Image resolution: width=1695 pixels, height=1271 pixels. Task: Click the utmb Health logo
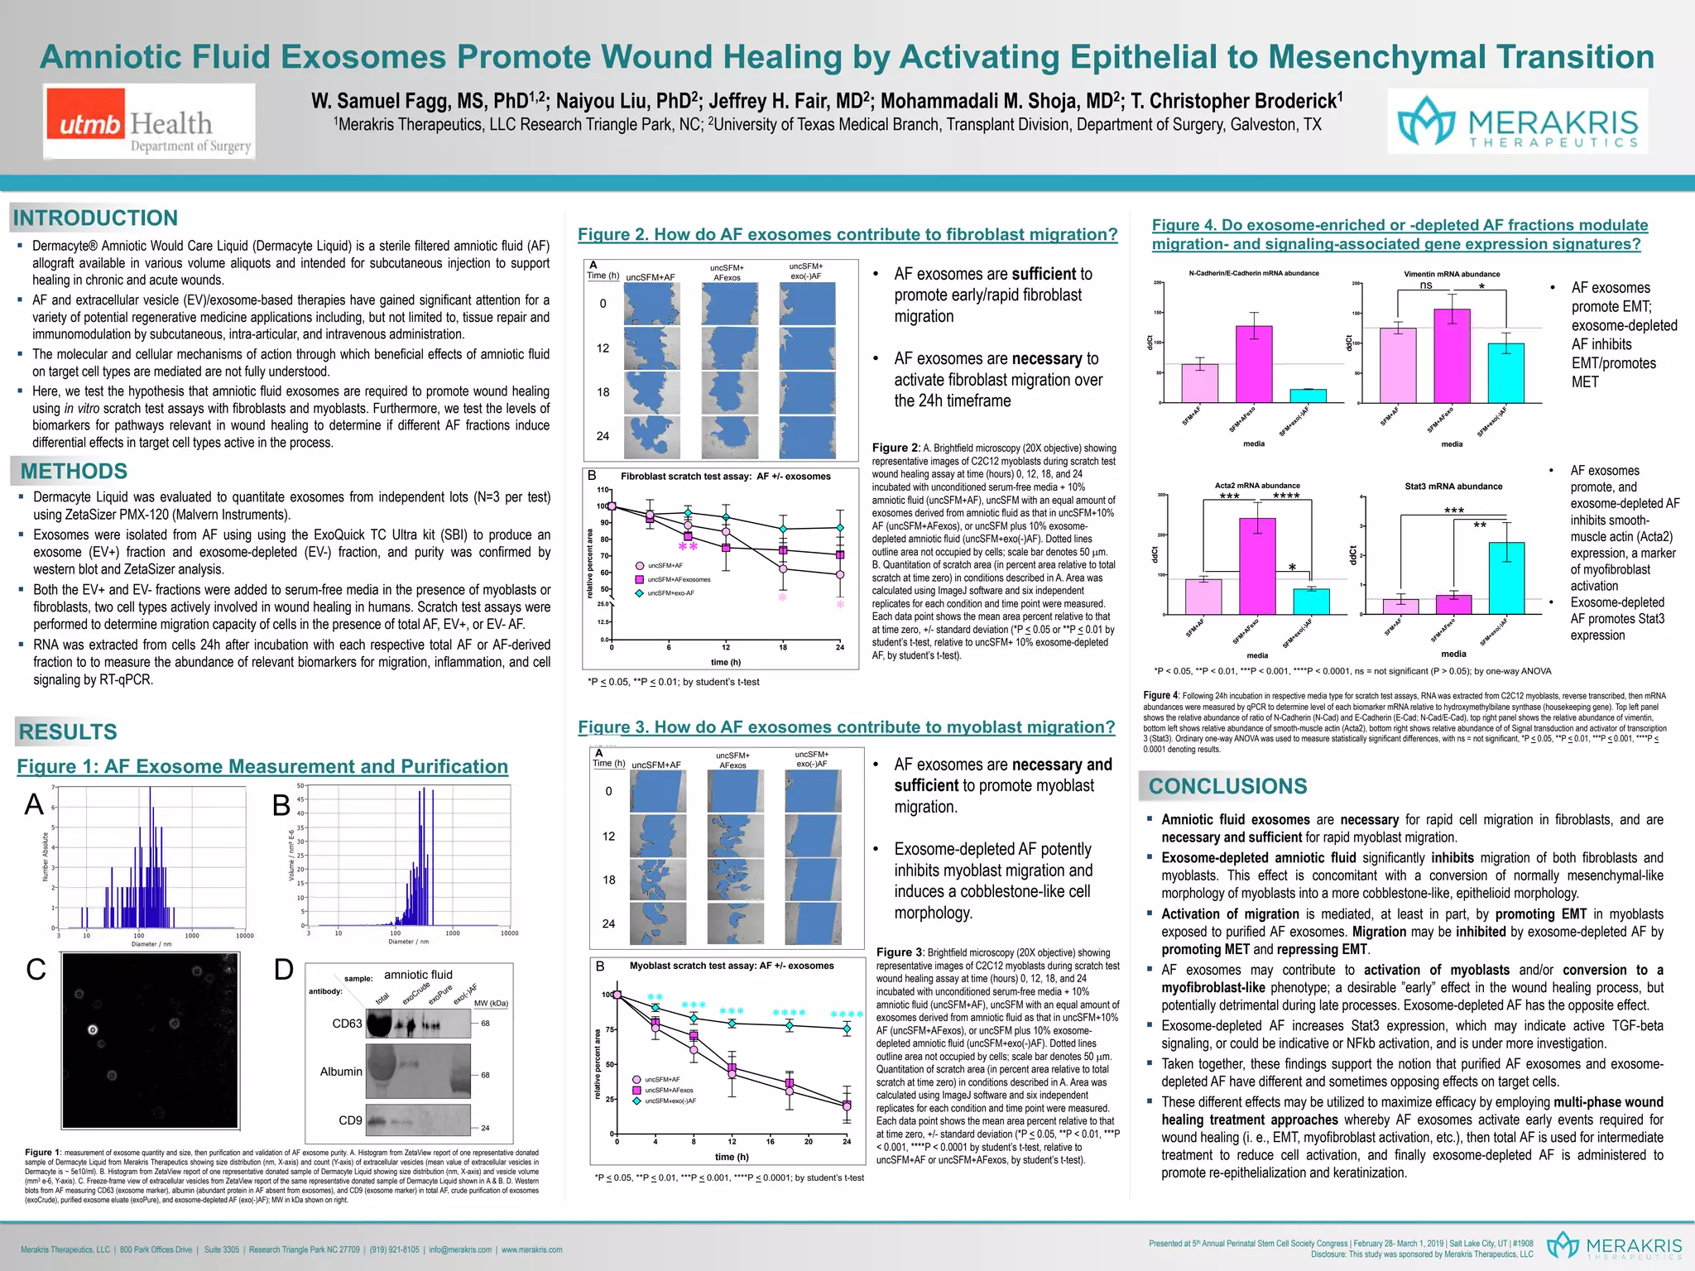149,122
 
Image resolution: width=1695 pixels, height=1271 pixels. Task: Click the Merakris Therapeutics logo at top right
1517,122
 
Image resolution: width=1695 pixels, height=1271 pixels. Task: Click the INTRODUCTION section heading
95,218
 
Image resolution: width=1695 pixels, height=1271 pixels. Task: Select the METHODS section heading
74,471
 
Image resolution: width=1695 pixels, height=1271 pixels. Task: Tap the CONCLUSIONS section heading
1227,786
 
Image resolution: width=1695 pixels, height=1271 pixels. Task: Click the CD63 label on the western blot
347,1024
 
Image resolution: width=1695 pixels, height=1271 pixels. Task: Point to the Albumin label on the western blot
341,1072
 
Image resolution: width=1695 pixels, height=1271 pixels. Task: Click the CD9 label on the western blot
350,1120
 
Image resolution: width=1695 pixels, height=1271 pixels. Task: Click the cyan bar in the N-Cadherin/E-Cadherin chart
1308,396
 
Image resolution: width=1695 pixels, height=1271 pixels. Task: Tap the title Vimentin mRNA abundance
1452,274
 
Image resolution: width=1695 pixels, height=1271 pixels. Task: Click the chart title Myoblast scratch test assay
732,966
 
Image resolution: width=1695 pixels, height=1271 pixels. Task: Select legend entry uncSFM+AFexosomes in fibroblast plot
679,579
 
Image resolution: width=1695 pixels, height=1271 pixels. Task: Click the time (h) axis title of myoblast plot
732,1156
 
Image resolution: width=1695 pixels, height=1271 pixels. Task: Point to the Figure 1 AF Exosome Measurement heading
262,766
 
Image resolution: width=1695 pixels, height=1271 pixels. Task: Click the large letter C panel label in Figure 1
36,969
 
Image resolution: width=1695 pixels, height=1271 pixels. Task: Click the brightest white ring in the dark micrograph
93,1030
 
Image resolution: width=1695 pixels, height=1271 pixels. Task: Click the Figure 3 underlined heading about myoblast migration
846,727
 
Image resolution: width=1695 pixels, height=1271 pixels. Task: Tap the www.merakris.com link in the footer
531,1249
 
